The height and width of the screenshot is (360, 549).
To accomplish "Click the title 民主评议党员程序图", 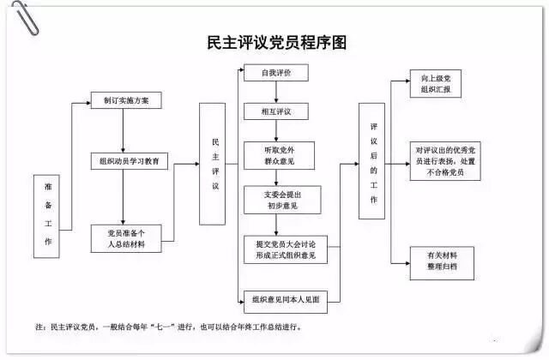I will [277, 41].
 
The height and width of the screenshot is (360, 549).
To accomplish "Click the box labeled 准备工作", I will [48, 216].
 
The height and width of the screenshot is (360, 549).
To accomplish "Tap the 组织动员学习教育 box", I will [131, 160].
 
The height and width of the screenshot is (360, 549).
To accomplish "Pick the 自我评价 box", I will [275, 74].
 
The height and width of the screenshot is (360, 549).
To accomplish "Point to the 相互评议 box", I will [275, 111].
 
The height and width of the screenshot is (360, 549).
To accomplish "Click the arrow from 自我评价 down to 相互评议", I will [275, 93].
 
